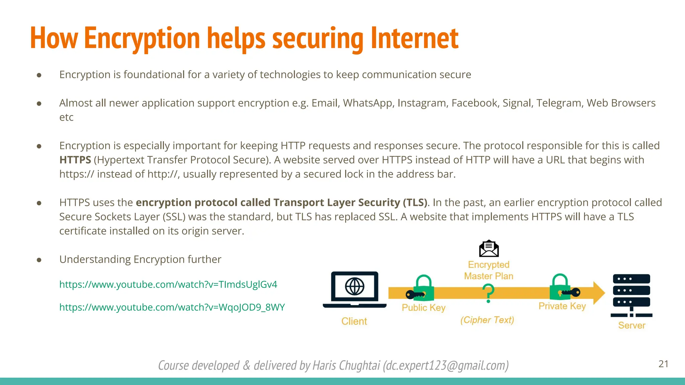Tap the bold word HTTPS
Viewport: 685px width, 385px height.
click(75, 160)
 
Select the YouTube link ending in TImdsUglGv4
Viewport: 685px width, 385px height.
click(168, 284)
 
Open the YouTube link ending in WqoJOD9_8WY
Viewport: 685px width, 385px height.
click(172, 307)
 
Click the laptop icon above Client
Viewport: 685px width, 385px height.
click(355, 289)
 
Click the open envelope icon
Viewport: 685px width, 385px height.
click(489, 249)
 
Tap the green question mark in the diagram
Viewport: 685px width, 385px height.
click(488, 293)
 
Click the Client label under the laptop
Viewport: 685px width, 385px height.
click(354, 321)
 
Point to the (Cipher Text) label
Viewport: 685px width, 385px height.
click(487, 320)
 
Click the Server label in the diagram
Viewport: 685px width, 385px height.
click(631, 325)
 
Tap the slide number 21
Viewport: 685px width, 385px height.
click(663, 364)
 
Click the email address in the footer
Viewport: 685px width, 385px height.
click(446, 366)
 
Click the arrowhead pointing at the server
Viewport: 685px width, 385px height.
click(599, 293)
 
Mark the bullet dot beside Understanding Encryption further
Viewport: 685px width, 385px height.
click(39, 260)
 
